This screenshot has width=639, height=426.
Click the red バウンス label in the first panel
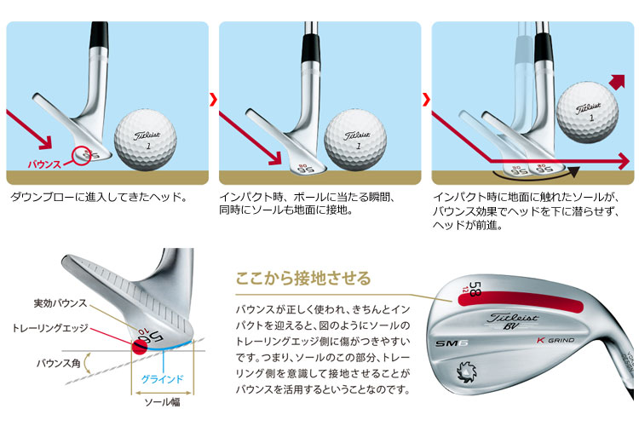click(x=44, y=164)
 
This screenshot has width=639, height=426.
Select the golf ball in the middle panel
click(x=355, y=141)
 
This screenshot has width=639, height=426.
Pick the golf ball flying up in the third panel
click(x=587, y=113)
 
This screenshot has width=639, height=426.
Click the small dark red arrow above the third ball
click(x=617, y=83)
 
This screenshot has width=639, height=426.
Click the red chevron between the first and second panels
click(x=213, y=100)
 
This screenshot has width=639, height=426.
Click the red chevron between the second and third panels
click(x=426, y=100)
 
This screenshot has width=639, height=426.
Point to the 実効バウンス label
click(x=60, y=303)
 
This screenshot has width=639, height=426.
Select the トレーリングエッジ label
click(x=49, y=328)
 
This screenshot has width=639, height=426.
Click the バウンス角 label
click(x=58, y=363)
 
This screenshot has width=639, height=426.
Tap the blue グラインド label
click(x=162, y=378)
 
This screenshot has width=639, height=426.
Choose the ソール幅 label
click(x=162, y=402)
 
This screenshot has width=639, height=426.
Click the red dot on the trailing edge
click(x=140, y=347)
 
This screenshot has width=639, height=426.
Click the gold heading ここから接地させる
click(x=303, y=279)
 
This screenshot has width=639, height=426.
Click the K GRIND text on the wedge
click(x=555, y=340)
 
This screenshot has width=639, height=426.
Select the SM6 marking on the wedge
click(x=451, y=343)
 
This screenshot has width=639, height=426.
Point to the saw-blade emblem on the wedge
click(x=466, y=372)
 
